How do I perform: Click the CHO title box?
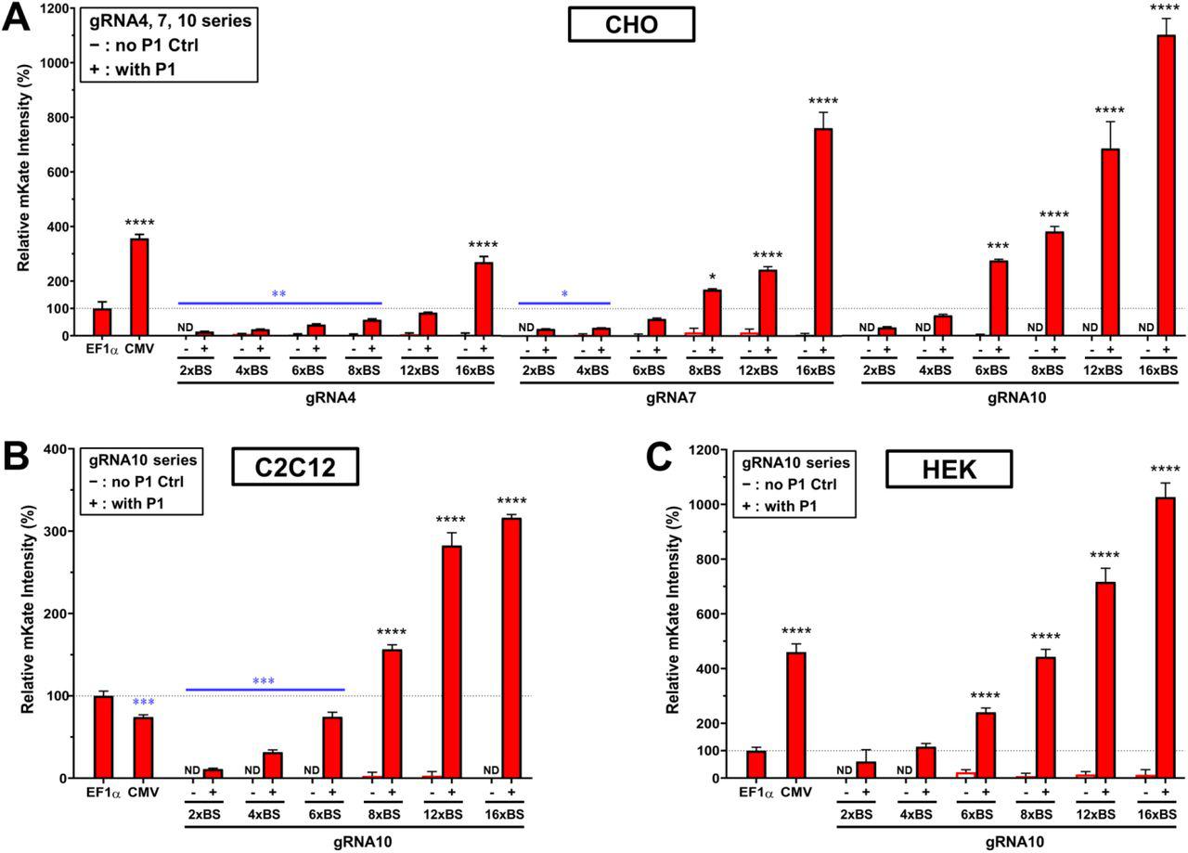click(x=631, y=25)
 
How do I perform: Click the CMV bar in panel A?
click(x=139, y=287)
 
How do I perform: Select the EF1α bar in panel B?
click(x=103, y=737)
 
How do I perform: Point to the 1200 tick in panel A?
click(x=58, y=9)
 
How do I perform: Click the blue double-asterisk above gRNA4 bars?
click(x=278, y=294)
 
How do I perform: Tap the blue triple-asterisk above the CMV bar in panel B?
click(x=143, y=703)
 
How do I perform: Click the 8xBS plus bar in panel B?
click(x=393, y=714)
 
